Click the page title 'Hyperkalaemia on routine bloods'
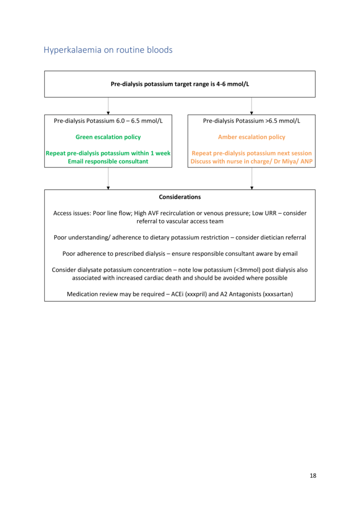click(x=108, y=50)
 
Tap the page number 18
click(x=313, y=476)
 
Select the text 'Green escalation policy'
click(x=108, y=137)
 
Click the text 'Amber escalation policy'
click(x=252, y=137)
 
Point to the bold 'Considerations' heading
click(x=180, y=197)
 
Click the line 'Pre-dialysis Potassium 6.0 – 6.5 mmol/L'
click(x=108, y=121)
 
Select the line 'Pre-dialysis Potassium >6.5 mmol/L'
click(x=252, y=121)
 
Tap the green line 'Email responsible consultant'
click(x=108, y=161)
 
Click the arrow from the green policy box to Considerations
click(x=108, y=178)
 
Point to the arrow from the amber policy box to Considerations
click(x=252, y=178)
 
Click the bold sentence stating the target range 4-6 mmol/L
click(x=180, y=84)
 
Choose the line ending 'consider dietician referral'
click(x=180, y=238)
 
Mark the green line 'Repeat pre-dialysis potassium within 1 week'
click(x=108, y=153)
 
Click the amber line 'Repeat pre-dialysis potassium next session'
click(x=252, y=153)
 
